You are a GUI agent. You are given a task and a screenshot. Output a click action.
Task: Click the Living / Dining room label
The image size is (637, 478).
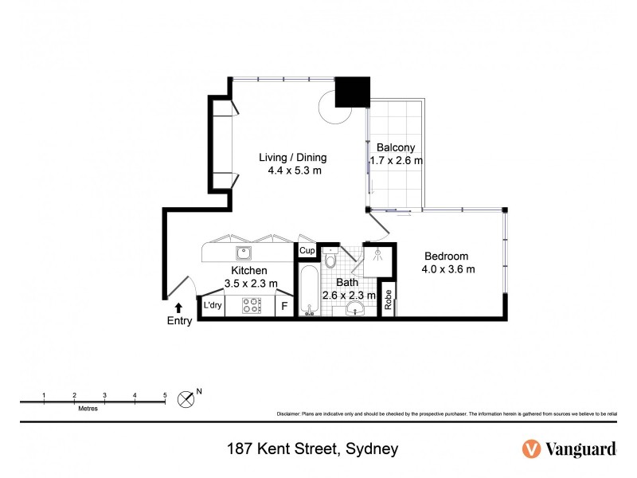click(293, 157)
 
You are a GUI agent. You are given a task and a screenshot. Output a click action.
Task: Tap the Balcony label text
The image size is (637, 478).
click(395, 147)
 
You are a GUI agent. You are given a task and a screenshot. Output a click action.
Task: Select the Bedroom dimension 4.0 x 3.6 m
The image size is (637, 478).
click(448, 269)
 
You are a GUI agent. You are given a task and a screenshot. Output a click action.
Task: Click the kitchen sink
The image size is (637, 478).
click(244, 253)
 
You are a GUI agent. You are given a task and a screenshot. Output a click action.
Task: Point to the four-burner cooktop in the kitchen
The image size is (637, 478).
click(252, 305)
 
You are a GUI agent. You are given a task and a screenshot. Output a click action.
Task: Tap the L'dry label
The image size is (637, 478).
click(212, 305)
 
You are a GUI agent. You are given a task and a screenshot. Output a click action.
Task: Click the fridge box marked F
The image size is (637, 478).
click(284, 306)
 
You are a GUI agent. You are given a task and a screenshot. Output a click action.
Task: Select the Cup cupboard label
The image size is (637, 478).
click(307, 251)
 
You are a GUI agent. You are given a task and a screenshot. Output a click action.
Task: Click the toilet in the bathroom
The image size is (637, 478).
click(332, 260)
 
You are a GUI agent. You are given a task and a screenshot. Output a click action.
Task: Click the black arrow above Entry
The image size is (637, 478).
click(179, 307)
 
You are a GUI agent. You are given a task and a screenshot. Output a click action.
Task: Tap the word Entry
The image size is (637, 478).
click(179, 321)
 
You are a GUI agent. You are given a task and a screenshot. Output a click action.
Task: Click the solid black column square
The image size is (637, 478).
click(351, 92)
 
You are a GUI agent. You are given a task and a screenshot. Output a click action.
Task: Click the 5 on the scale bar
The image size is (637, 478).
click(165, 395)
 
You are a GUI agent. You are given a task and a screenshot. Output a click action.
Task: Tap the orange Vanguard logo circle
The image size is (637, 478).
click(531, 449)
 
